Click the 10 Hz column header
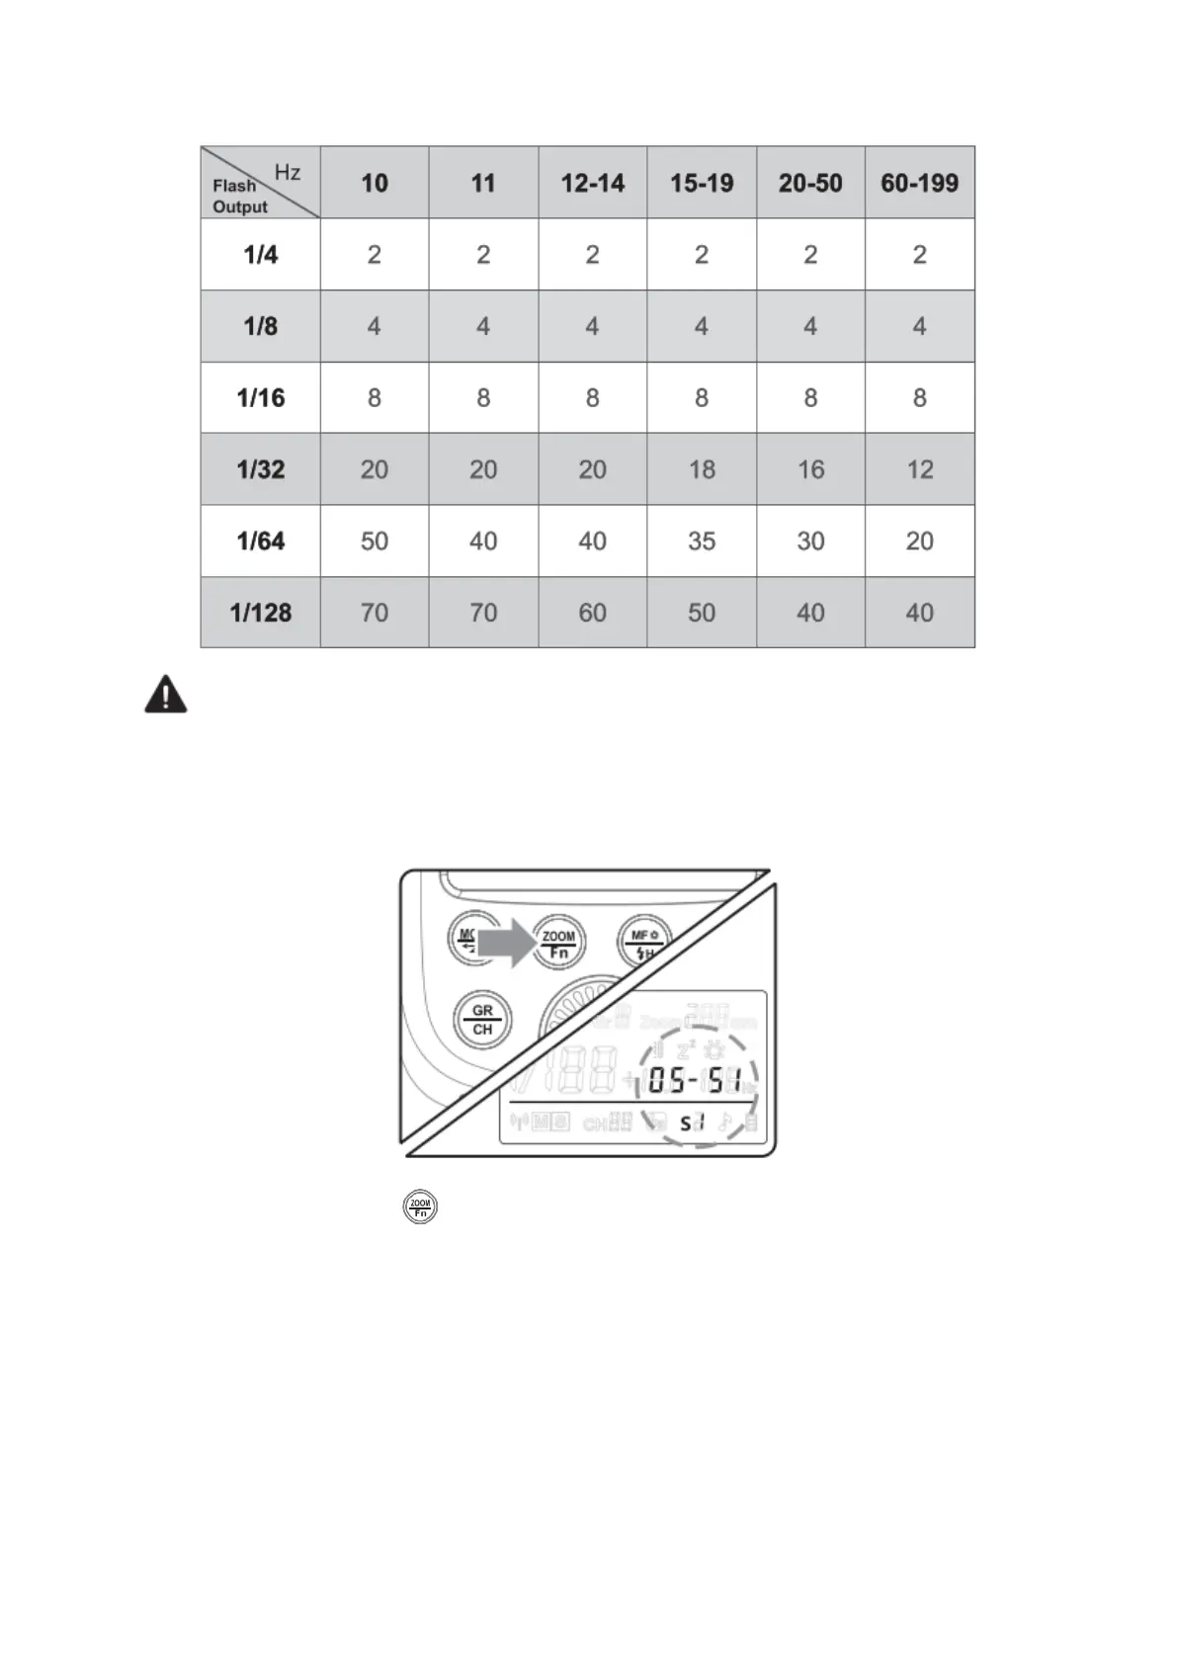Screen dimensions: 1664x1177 pos(375,183)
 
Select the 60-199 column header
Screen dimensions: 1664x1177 pos(919,183)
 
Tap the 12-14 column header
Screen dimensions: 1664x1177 pos(592,183)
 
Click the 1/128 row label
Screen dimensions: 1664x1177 pos(261,613)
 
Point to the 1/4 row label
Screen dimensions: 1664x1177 pos(261,255)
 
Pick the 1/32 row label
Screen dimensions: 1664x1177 pos(261,469)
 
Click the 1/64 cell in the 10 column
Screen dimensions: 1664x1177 pos(375,541)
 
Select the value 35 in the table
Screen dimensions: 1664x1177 pos(702,541)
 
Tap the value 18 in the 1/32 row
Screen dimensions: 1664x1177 pos(702,469)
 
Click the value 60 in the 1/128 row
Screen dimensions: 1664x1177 pos(592,613)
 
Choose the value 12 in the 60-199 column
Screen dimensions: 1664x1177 pos(919,469)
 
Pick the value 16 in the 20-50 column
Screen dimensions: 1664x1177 pos(810,469)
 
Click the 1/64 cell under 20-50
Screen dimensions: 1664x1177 pos(810,541)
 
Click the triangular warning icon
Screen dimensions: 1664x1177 pos(166,695)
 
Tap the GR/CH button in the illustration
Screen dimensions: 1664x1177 pos(482,1020)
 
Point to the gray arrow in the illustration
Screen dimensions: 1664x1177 pos(505,944)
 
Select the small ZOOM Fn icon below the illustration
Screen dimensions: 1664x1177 pos(420,1206)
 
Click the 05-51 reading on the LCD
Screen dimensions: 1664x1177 pos(695,1080)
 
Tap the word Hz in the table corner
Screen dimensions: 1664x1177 pos(288,172)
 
